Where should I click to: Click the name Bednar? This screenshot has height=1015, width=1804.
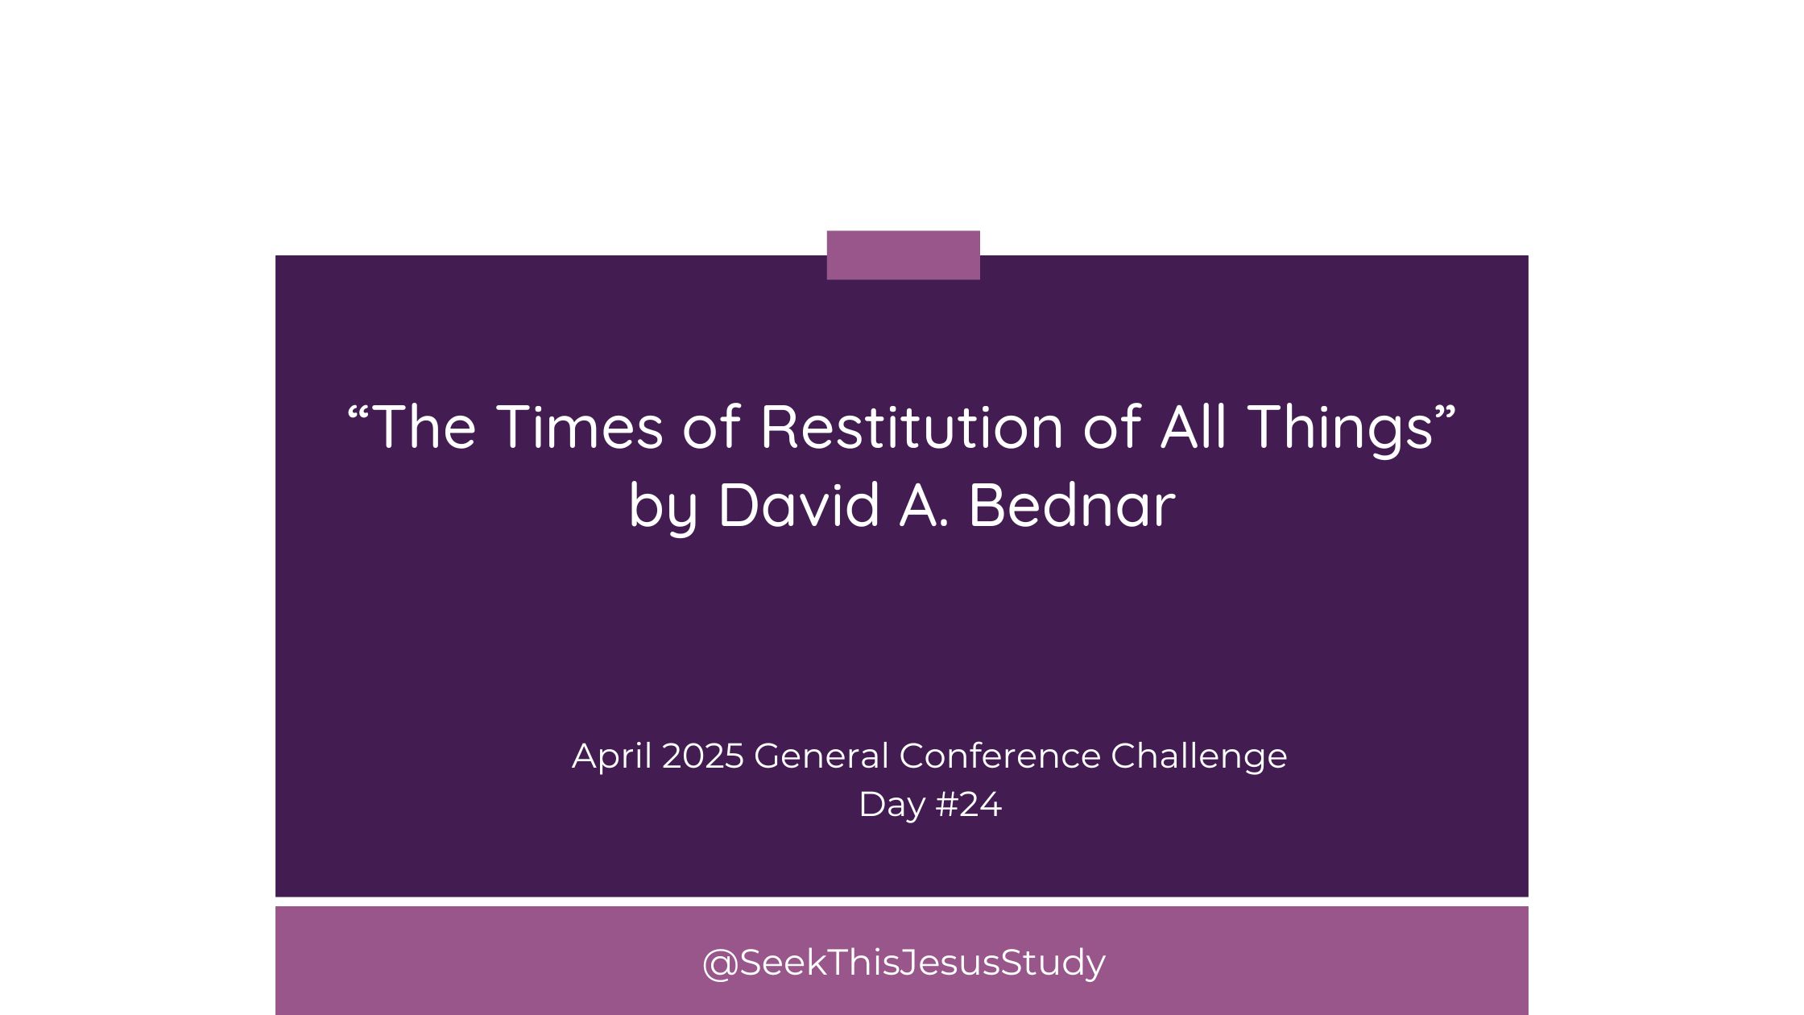pyautogui.click(x=1072, y=505)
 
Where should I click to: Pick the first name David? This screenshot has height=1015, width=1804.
pyautogui.click(x=799, y=505)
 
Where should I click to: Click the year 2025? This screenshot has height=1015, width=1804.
pyautogui.click(x=703, y=756)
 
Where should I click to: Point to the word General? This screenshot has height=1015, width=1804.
pyautogui.click(x=821, y=756)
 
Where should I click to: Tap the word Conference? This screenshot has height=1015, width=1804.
pyautogui.click(x=999, y=756)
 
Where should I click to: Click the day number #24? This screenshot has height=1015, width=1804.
pyautogui.click(x=969, y=805)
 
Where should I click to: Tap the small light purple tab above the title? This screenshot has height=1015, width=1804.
pyautogui.click(x=904, y=255)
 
